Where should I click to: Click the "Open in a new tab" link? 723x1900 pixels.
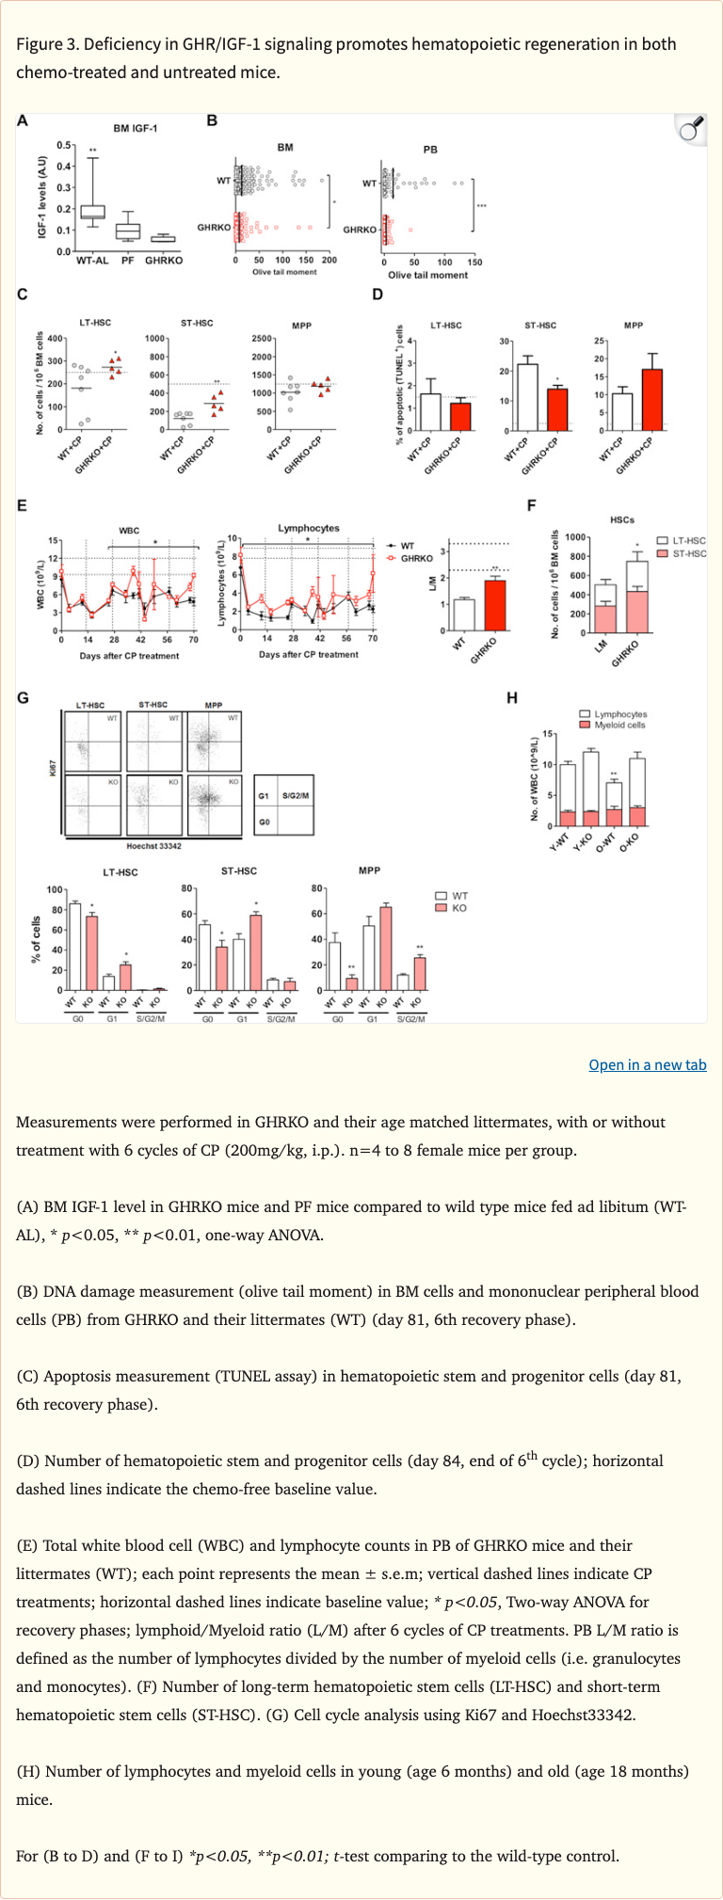pos(647,1064)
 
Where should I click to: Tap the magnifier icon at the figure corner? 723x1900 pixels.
pos(691,131)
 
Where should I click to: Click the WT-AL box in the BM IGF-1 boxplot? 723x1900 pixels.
pos(92,212)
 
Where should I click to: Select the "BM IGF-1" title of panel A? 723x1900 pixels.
pos(136,128)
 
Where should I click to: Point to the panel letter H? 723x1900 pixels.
pos(512,697)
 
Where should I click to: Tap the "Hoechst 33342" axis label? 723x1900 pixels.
pos(153,846)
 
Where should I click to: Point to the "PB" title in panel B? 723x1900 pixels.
pos(430,150)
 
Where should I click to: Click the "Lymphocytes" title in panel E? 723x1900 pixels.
pos(309,528)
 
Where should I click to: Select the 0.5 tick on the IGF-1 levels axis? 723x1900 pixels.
pos(62,145)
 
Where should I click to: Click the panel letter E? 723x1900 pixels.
pos(23,506)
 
